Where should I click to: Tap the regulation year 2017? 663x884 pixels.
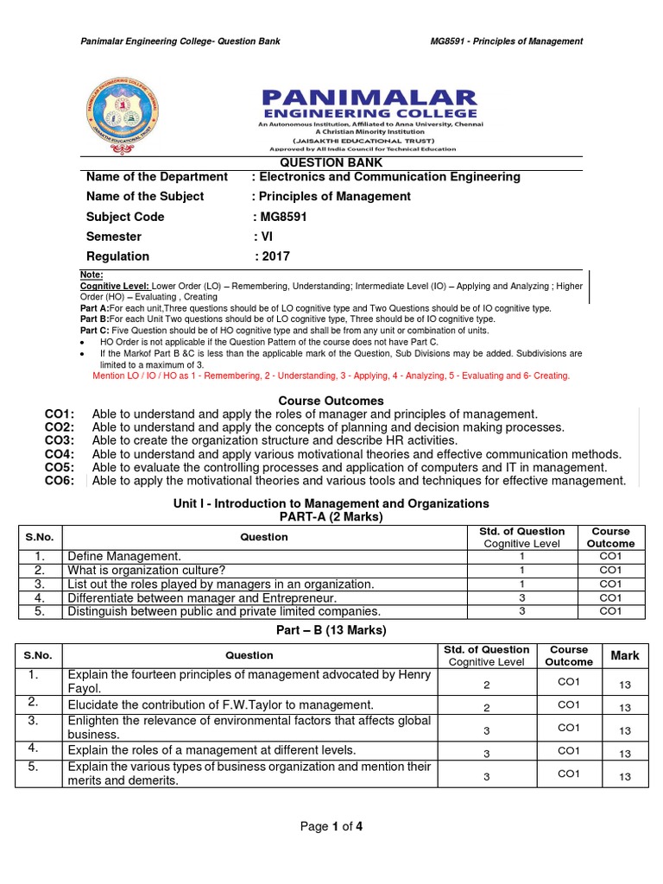tap(275, 256)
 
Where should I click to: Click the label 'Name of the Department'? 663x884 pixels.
tap(157, 177)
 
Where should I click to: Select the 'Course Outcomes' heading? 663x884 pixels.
tap(331, 401)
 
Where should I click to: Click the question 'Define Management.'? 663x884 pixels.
tap(124, 557)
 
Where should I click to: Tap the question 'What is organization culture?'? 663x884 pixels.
tap(147, 571)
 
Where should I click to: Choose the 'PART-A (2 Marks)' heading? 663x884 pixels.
tap(331, 516)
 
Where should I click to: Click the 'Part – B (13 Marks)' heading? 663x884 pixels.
tap(331, 630)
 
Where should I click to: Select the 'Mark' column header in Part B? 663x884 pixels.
tap(625, 655)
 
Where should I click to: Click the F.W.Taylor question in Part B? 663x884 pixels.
tap(220, 705)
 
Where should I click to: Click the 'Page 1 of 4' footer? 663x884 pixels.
tap(331, 826)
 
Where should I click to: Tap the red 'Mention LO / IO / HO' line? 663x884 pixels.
tap(331, 376)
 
